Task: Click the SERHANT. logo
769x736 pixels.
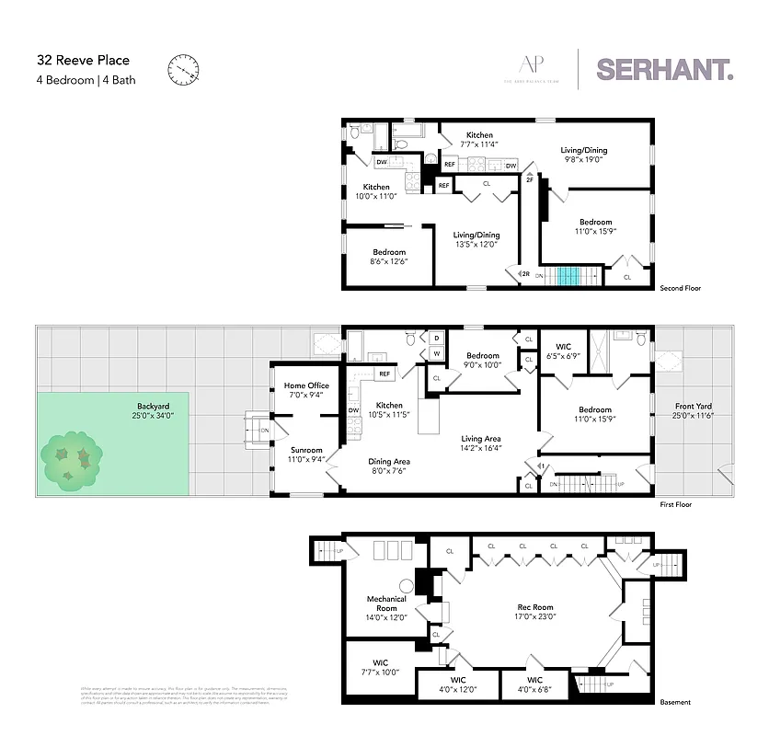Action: [x=665, y=69]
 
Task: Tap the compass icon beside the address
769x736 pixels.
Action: [x=183, y=69]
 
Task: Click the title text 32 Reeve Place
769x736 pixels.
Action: [x=70, y=62]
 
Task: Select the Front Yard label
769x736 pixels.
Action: [x=693, y=411]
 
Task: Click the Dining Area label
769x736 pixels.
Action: [x=390, y=466]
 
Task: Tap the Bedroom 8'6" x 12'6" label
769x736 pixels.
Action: [x=389, y=257]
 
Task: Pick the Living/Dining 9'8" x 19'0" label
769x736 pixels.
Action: [x=584, y=155]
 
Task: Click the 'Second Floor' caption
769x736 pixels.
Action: [x=680, y=288]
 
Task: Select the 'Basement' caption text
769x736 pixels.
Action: [x=674, y=702]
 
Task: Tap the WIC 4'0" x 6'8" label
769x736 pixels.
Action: [x=534, y=685]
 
